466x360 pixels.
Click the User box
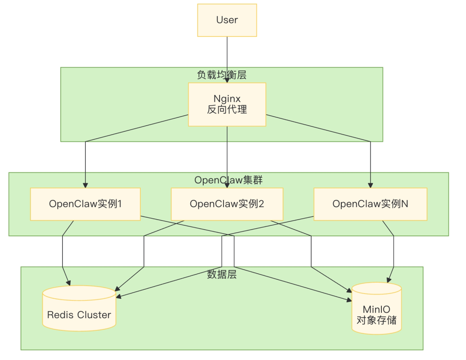(227, 20)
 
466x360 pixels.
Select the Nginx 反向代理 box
(227, 104)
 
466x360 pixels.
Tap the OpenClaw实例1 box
(85, 204)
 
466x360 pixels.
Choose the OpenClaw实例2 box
(227, 204)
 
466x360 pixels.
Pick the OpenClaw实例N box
(370, 204)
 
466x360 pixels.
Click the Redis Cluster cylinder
(79, 308)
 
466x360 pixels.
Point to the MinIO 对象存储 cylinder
(377, 308)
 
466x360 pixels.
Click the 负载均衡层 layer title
(222, 75)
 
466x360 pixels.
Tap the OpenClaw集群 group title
(228, 180)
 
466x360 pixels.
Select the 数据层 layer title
(222, 274)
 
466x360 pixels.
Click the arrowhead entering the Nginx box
(227, 80)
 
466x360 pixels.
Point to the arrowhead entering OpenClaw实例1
(85, 186)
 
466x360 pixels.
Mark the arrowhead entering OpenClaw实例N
(370, 186)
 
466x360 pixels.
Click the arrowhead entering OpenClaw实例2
(227, 186)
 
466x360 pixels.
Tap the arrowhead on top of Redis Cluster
(69, 283)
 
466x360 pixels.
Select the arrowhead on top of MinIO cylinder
(389, 280)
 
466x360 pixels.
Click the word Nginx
(227, 99)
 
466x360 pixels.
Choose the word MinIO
(377, 309)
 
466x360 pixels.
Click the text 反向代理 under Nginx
(227, 109)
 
